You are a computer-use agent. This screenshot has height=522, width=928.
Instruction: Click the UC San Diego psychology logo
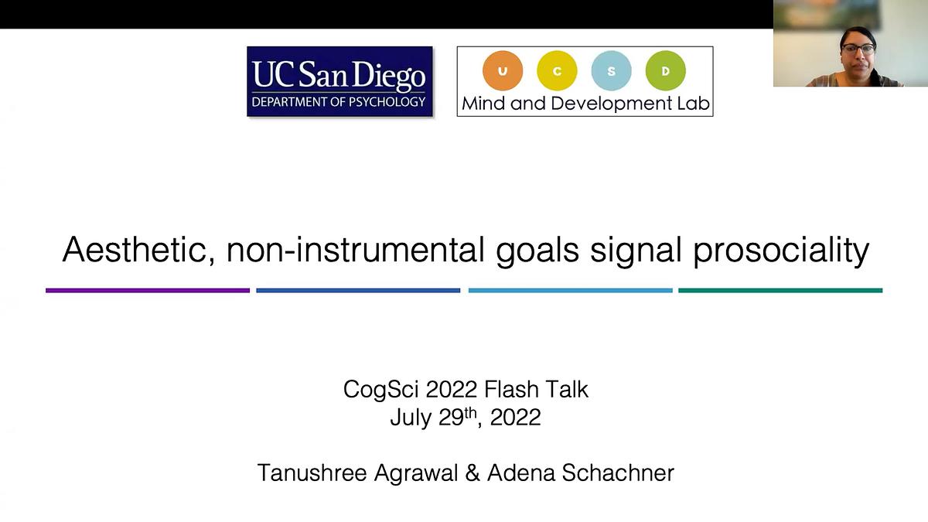pos(339,81)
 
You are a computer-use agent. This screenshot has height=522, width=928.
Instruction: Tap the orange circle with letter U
pos(503,71)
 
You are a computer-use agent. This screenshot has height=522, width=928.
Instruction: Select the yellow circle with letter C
pos(557,71)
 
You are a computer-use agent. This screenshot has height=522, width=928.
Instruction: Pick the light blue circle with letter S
pos(611,71)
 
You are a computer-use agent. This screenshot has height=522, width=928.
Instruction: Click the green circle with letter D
pos(665,71)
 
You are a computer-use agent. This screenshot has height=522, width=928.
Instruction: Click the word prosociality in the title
pos(781,251)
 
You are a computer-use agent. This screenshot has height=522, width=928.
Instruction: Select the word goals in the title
pos(537,251)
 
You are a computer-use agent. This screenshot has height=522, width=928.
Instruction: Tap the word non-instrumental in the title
pos(356,249)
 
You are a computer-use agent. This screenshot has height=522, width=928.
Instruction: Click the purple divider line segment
pos(148,291)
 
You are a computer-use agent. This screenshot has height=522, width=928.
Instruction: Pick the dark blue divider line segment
pos(358,291)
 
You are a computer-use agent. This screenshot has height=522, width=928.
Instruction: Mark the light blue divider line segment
pos(571,291)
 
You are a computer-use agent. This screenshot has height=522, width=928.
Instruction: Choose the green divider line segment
pos(780,291)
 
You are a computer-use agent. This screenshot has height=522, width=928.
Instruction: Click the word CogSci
pos(381,390)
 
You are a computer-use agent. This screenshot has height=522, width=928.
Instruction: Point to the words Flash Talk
pos(536,389)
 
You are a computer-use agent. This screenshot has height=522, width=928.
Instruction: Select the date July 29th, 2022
pos(466,417)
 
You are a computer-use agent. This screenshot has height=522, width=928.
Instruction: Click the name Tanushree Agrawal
pos(357,473)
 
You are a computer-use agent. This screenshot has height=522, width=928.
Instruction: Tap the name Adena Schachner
pos(581,473)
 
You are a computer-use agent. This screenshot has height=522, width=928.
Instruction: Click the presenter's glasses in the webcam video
pos(858,49)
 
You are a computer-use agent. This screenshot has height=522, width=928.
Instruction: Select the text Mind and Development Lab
pos(586,104)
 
